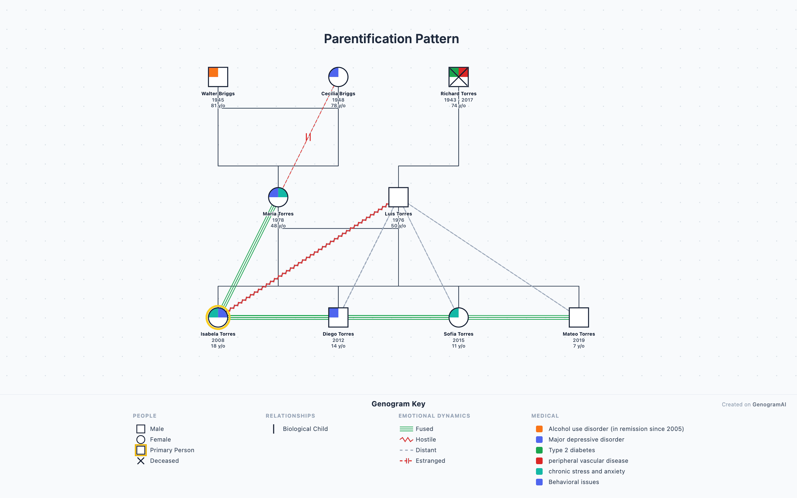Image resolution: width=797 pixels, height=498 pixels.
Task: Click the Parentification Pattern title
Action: point(391,39)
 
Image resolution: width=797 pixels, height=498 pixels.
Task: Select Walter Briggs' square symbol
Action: point(218,77)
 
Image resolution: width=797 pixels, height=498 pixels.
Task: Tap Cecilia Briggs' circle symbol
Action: point(338,77)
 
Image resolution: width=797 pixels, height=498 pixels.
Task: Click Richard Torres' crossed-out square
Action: point(458,77)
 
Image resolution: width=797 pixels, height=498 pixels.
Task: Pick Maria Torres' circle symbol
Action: point(278,197)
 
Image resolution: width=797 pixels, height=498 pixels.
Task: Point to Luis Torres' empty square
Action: point(398,197)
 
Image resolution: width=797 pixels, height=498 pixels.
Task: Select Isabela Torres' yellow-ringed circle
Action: point(218,317)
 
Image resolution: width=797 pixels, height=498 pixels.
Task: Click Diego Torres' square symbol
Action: point(338,317)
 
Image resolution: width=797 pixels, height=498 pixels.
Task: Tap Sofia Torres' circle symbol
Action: point(458,317)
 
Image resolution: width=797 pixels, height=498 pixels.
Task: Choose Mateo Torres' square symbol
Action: point(578,317)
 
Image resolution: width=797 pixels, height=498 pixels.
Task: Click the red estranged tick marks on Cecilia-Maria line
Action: point(308,137)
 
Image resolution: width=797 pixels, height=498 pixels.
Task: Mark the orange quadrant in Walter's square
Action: point(213,72)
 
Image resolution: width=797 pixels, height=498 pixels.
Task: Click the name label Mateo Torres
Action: point(578,334)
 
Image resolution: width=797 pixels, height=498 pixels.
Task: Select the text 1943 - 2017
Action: point(458,100)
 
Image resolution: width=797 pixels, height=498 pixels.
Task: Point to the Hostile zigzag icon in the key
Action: point(406,440)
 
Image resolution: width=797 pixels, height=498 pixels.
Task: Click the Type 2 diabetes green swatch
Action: point(539,450)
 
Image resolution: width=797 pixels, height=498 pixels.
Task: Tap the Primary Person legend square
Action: point(141,450)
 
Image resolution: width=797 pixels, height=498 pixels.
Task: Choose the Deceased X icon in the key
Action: point(141,461)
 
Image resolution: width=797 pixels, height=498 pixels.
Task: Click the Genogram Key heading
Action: point(398,404)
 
